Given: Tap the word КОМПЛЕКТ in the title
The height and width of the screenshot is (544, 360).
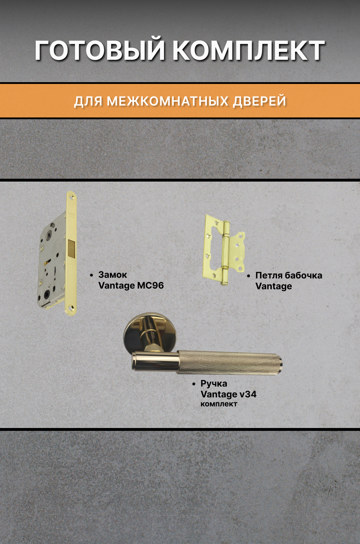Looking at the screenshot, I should coord(249,50).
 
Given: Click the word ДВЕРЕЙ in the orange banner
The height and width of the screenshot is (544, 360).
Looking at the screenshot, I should coord(259,101).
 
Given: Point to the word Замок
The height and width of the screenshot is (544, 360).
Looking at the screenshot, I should coord(112,275).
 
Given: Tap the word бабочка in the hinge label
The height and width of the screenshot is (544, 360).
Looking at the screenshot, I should coord(303,276).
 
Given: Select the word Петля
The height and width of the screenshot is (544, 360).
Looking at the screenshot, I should coord(269,276).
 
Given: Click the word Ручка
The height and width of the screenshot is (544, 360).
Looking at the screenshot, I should coord(214,384).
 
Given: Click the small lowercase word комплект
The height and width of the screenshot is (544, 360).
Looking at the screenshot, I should coord(219,404).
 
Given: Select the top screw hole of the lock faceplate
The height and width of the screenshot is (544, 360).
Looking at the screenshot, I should coord(71,197).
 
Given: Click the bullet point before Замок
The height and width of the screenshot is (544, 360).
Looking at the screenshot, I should coord(92,275).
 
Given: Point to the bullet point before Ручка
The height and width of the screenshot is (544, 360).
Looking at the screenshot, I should coord(194,384).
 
